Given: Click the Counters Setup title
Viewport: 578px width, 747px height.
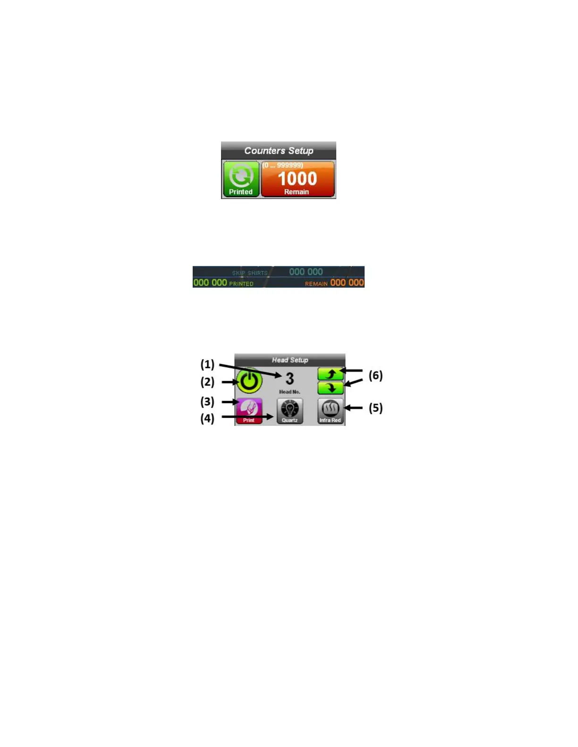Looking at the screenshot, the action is pos(279,151).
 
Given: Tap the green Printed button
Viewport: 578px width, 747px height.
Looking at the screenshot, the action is pos(241,179).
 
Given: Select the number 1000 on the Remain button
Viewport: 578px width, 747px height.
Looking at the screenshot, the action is pos(297,179).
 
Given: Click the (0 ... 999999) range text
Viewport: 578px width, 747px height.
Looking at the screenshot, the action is pos(283,165).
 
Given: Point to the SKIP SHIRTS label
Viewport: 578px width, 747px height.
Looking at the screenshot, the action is pos(250,273).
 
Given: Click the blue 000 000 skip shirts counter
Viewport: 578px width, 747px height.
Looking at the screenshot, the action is pos(306,272).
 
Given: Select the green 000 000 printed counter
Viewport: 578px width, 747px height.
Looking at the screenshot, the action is pos(210,282).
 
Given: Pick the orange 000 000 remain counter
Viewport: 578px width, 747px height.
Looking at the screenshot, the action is pos(347,282).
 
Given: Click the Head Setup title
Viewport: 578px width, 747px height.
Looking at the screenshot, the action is pos(290,360).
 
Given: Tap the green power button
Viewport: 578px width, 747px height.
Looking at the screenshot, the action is pos(249,381).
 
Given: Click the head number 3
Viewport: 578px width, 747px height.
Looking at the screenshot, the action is pos(289,379).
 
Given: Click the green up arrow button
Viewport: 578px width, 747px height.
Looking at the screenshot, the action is pos(331,374).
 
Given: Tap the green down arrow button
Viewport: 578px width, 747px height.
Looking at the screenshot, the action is pos(331,388).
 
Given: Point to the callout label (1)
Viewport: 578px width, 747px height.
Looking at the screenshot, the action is pos(207,364).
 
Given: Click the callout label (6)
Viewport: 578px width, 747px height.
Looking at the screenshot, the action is pos(375,375).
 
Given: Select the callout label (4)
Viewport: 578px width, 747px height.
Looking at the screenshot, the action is pos(207,418).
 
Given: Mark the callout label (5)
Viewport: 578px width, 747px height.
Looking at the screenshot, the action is pos(375,408).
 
